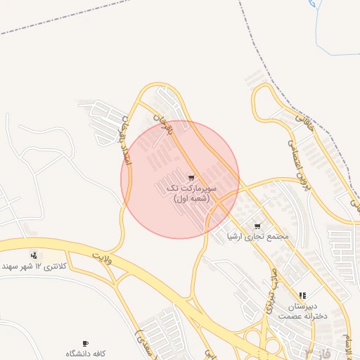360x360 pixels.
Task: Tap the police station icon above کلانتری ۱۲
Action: coord(33,255)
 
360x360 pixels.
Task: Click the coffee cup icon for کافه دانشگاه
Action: coord(85,343)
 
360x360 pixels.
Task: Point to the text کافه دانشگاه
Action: coord(86,353)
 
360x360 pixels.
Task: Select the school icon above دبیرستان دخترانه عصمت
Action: coord(302,296)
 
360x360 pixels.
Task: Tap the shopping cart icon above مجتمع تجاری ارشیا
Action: coord(257,226)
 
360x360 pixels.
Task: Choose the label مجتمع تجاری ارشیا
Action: coord(258,236)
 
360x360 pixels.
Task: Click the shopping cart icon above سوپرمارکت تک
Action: coord(191,178)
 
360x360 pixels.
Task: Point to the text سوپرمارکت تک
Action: coord(191,188)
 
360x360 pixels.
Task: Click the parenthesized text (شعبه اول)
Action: coord(191,199)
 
